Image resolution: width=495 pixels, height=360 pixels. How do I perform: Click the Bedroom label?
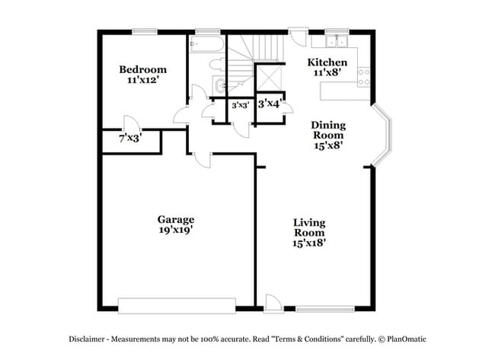click(x=142, y=70)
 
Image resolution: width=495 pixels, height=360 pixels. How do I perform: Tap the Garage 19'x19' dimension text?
click(x=176, y=230)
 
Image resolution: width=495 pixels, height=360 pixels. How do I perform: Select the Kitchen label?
click(x=327, y=62)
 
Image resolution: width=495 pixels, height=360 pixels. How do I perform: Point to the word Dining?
click(x=328, y=125)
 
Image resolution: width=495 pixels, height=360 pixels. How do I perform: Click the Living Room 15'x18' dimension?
click(x=310, y=244)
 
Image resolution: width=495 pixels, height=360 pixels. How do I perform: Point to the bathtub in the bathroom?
click(x=206, y=44)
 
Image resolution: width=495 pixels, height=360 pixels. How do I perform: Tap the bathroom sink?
click(x=219, y=85)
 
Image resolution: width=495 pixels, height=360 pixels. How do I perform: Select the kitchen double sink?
click(x=336, y=41)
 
